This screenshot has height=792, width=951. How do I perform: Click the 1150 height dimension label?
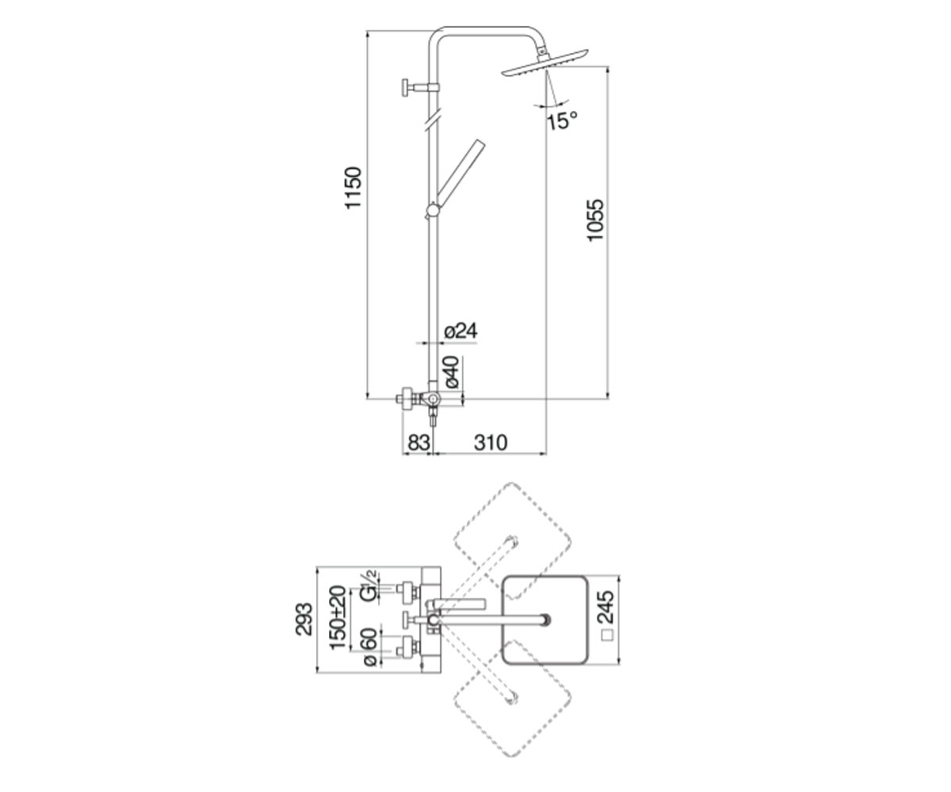point(353,188)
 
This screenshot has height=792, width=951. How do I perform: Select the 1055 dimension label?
point(595,220)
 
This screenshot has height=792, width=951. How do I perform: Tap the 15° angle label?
point(563,120)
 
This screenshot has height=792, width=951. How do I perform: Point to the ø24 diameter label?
point(460,331)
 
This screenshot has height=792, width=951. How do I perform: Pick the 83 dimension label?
point(418,443)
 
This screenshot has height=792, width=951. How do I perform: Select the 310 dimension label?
point(490,443)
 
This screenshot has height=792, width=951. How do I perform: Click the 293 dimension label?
point(304,619)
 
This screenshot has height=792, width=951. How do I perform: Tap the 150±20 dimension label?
point(337,618)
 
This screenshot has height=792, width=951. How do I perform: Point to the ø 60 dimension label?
point(370,647)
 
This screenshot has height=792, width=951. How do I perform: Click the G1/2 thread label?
point(369,587)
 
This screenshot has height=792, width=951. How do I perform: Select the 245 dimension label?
point(607,607)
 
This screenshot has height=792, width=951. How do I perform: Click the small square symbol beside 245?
point(608,635)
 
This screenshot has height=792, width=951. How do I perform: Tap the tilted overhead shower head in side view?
point(544,63)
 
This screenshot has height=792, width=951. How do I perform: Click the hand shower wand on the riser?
point(460,172)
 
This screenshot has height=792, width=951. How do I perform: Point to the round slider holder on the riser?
point(432,211)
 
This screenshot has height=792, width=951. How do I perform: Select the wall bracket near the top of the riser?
point(420,88)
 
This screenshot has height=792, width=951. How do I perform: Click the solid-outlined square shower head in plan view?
point(544,619)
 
